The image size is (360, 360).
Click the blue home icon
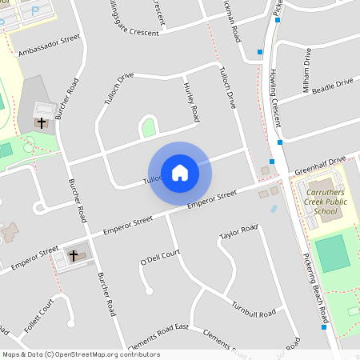179,172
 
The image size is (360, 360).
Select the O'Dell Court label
160,258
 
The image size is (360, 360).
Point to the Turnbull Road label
254,309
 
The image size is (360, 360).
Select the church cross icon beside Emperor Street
74,255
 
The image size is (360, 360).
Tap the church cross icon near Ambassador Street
42,123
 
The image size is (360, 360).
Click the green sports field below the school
332,254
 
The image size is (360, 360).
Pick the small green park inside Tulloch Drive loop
148,126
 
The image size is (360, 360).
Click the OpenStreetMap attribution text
80,354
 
